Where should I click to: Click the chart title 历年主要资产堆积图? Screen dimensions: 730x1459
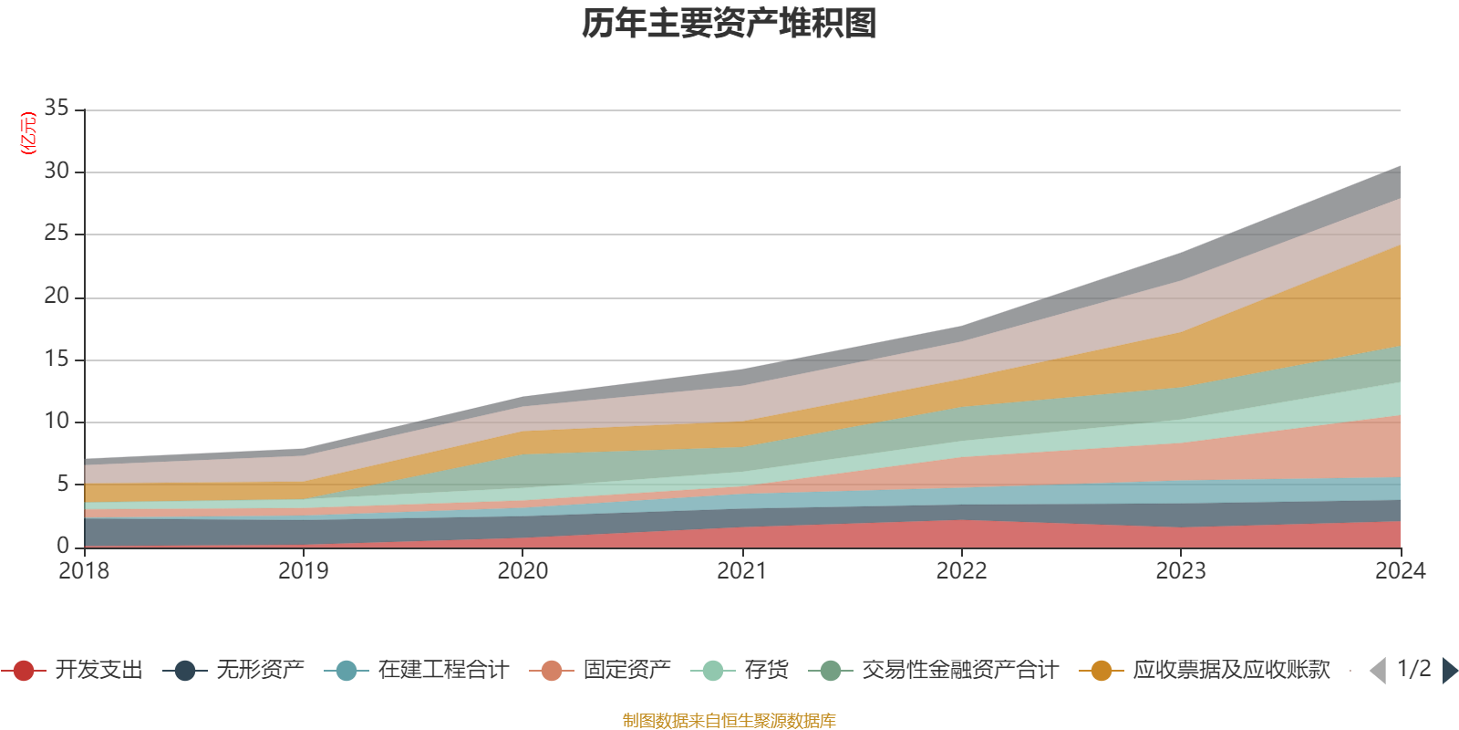(x=729, y=24)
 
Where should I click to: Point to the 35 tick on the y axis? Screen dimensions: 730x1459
(x=57, y=109)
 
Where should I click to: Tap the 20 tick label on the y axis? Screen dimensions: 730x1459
(x=57, y=297)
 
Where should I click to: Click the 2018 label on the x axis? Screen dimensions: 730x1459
(x=84, y=571)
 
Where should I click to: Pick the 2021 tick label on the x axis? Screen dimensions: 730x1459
(x=742, y=571)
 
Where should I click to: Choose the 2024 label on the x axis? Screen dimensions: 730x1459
(x=1400, y=571)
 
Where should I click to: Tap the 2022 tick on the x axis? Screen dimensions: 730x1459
(x=961, y=571)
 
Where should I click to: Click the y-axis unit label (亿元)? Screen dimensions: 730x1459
(x=28, y=133)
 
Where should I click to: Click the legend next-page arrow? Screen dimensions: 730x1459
(x=1450, y=671)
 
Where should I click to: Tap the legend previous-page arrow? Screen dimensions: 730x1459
(x=1378, y=671)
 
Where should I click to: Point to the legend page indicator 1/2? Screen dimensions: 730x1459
(x=1413, y=669)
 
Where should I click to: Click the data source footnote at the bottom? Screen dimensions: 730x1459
(x=729, y=721)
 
